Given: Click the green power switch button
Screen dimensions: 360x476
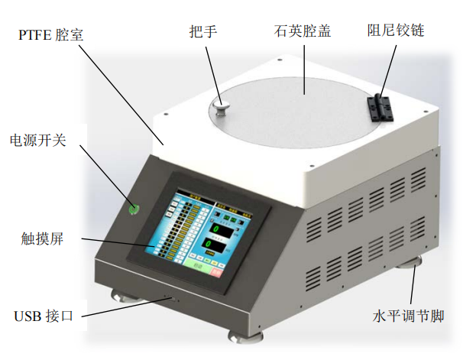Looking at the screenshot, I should coord(134,208).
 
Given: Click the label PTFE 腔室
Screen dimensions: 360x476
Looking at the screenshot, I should coord(53,35).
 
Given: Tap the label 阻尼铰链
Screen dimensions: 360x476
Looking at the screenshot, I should coord(395,31).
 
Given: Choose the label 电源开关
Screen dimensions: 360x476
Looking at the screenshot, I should coord(38,141).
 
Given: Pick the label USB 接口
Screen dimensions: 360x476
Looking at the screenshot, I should coord(44,316).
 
